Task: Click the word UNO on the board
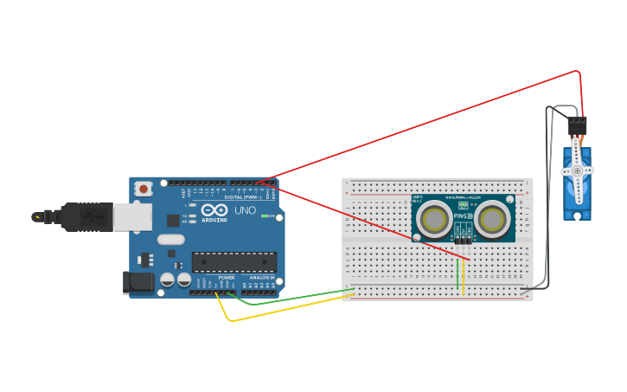click(245, 210)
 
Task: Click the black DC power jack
click(138, 281)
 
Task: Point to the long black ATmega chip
click(234, 261)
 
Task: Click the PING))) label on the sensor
click(464, 216)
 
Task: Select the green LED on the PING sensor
click(463, 206)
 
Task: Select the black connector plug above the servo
click(577, 126)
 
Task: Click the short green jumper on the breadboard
click(457, 275)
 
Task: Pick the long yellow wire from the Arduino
click(285, 309)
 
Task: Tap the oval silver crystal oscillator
click(171, 240)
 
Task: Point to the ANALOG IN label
click(261, 278)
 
